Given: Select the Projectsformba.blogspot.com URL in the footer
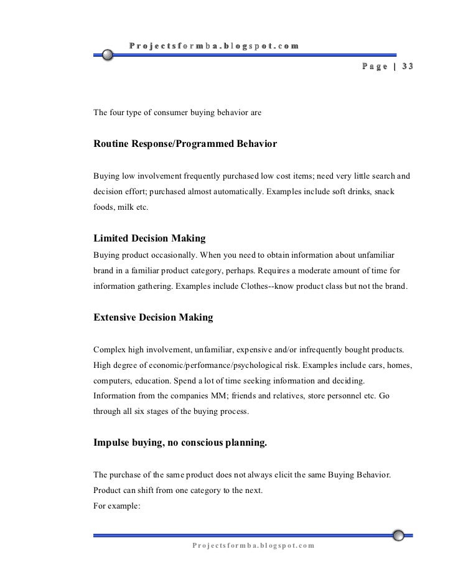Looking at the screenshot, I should [x=253, y=546].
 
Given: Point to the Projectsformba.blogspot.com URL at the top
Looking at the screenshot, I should [x=214, y=45].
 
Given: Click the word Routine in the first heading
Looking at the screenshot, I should [x=111, y=144].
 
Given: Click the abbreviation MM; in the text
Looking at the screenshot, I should [x=210, y=395].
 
